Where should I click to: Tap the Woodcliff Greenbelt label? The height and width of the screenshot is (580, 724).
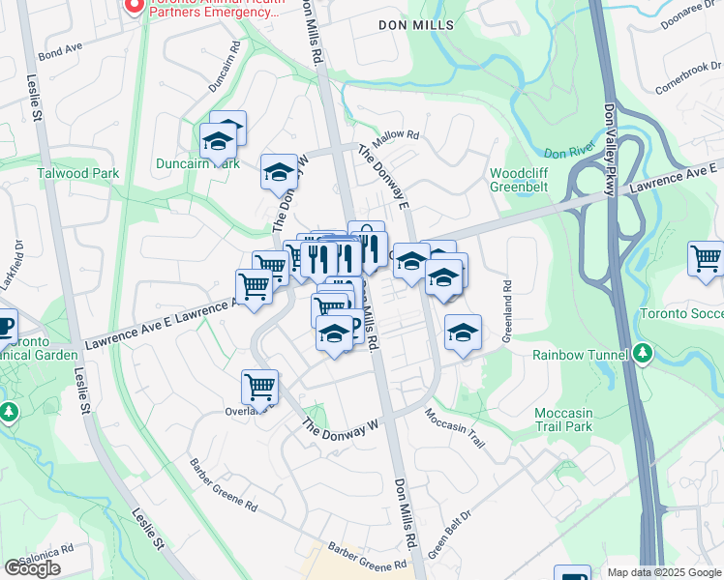click(526, 181)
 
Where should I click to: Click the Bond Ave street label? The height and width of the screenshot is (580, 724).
click(60, 46)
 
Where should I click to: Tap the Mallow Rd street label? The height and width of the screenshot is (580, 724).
click(398, 136)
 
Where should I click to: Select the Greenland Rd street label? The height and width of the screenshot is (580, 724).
click(505, 312)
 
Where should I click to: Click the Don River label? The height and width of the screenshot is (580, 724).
click(567, 153)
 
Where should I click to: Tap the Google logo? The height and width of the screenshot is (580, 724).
click(32, 568)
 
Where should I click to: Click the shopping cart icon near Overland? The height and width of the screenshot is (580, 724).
click(259, 387)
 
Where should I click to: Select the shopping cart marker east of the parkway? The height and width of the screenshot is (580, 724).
click(707, 259)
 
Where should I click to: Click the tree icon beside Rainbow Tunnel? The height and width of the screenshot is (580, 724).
click(641, 355)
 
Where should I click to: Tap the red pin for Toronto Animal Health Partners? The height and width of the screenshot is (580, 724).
click(134, 6)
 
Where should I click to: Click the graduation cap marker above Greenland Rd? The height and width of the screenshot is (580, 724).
click(463, 333)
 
